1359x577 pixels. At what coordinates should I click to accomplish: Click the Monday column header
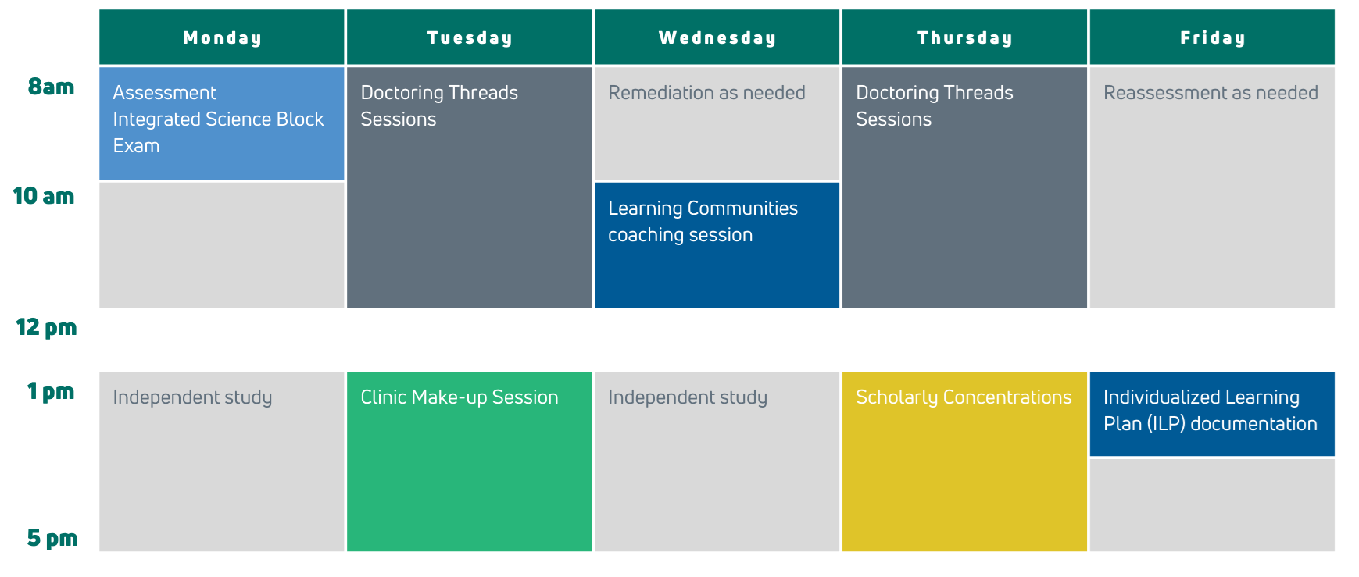click(x=222, y=37)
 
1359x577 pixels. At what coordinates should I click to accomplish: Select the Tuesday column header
click(x=469, y=37)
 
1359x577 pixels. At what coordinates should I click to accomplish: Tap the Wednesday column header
click(x=717, y=37)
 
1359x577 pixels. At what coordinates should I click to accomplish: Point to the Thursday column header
click(x=964, y=37)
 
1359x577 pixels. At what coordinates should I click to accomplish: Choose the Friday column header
click(x=1212, y=37)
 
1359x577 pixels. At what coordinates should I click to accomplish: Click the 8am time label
click(x=51, y=87)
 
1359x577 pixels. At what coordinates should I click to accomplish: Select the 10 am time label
click(x=44, y=196)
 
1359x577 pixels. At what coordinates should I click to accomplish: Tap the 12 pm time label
click(x=46, y=327)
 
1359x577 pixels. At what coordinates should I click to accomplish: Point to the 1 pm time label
click(x=51, y=391)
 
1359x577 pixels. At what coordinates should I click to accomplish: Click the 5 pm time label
click(x=52, y=538)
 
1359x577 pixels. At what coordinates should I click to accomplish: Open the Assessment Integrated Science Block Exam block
click(x=222, y=123)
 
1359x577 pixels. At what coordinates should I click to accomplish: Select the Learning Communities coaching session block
click(x=717, y=245)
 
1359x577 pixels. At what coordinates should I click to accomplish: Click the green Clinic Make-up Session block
click(x=469, y=461)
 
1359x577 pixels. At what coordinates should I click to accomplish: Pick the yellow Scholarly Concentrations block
click(x=964, y=461)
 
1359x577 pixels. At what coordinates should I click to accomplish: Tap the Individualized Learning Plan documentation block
click(x=1212, y=414)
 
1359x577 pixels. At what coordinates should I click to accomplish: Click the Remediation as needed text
click(x=706, y=93)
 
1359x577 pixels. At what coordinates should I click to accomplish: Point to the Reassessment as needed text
click(x=1211, y=93)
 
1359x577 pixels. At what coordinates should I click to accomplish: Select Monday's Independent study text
click(x=192, y=397)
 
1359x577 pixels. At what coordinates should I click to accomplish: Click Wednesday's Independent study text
click(x=688, y=397)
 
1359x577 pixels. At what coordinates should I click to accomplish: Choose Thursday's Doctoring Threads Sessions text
click(x=935, y=106)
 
